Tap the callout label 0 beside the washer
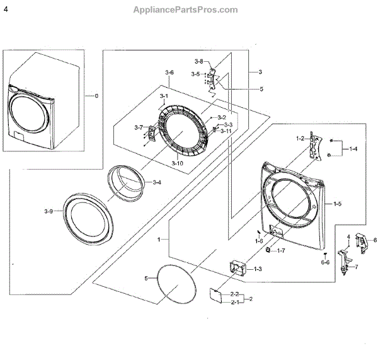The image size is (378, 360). coord(96,96)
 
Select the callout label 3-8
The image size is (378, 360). coord(198,61)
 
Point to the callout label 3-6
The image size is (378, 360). coord(169,74)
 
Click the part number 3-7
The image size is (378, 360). coord(139,128)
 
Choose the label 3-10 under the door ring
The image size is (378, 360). coord(177,164)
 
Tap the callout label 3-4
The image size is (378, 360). coord(157,183)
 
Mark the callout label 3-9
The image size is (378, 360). coord(49,210)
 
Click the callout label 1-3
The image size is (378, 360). coord(258,269)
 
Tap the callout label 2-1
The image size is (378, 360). coord(234,303)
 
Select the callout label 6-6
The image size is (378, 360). coord(325,262)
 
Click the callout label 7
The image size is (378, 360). coord(357,267)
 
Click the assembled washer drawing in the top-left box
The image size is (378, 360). coord(43,103)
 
